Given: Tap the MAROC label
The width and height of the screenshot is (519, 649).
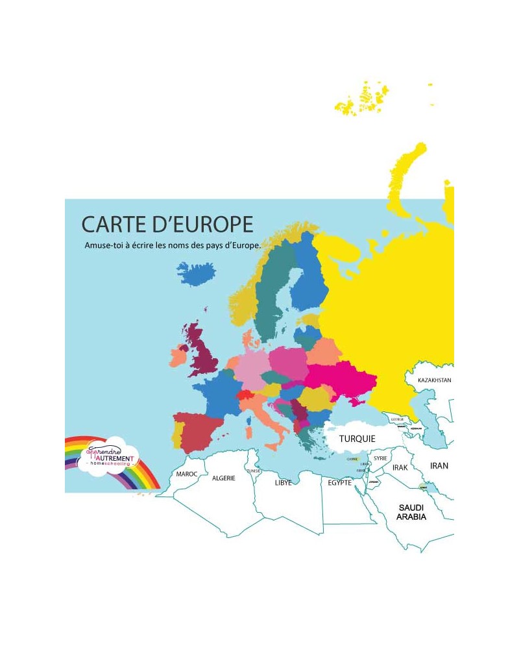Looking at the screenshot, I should tap(186, 474).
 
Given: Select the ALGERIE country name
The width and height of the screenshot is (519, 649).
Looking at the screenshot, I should tap(224, 478).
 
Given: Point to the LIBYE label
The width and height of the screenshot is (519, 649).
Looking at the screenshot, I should tap(284, 484).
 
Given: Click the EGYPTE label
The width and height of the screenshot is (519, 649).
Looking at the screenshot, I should tap(339, 483).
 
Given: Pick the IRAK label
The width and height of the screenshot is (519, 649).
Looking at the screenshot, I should tap(400, 467).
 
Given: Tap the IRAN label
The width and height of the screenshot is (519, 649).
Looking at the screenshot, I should tap(439, 465).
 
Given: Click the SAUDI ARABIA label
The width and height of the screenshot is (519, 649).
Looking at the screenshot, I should tap(412, 512).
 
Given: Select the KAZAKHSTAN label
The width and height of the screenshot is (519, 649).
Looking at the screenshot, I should tap(435, 380).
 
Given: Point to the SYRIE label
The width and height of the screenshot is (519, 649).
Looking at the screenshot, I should tap(380, 458).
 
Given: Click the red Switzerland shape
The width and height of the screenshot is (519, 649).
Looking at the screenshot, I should tap(245, 395).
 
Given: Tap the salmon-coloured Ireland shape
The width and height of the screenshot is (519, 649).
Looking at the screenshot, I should tap(178, 357).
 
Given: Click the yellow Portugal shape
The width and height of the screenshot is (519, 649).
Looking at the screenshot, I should tap(176, 435).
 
